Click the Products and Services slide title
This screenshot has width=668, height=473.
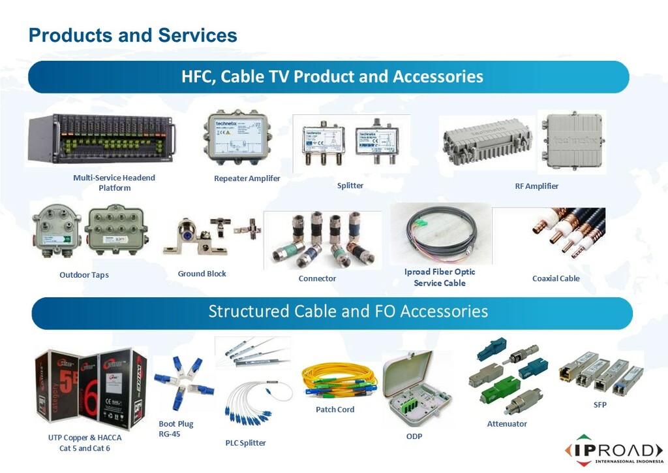(x=132, y=35)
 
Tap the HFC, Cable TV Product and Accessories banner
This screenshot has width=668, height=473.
(x=332, y=77)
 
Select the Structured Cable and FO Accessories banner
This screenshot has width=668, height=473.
(x=348, y=311)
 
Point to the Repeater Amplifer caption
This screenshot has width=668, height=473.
(x=247, y=178)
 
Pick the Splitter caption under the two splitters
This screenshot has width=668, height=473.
(x=350, y=186)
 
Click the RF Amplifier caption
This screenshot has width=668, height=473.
(x=536, y=186)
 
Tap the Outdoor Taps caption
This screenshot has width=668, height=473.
(x=84, y=275)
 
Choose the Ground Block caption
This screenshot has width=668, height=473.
(x=202, y=274)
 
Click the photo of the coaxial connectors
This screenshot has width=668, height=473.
(x=322, y=240)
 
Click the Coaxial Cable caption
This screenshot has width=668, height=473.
(x=556, y=278)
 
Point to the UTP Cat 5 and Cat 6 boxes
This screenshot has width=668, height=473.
(x=91, y=389)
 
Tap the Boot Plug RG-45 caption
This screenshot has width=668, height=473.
(x=176, y=429)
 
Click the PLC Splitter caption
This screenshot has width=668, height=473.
(x=246, y=443)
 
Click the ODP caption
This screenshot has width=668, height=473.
(x=414, y=436)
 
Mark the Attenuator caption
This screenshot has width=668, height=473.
(x=507, y=424)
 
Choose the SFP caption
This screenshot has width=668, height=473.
(x=600, y=405)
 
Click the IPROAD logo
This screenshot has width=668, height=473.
(x=614, y=451)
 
